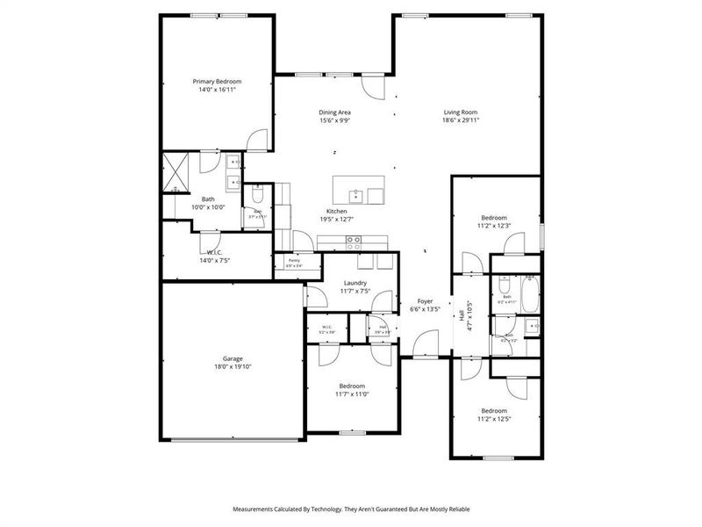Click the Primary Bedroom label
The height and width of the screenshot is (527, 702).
pyautogui.click(x=217, y=81)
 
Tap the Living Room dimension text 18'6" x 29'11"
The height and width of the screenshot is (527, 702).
pyautogui.click(x=460, y=120)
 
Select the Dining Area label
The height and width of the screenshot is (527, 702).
pyautogui.click(x=335, y=112)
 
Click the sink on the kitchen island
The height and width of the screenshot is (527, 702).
pyautogui.click(x=357, y=195)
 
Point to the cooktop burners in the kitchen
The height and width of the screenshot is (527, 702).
pyautogui.click(x=354, y=240)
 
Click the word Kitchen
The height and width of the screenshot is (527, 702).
pyautogui.click(x=337, y=212)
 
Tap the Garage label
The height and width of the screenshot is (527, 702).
pyautogui.click(x=232, y=358)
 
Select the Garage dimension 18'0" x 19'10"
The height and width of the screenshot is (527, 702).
pyautogui.click(x=232, y=367)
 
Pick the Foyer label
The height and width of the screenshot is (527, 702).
pyautogui.click(x=426, y=301)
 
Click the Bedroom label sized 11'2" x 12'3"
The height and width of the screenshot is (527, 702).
pyautogui.click(x=494, y=218)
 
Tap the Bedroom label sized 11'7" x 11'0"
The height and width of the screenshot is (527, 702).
pyautogui.click(x=352, y=386)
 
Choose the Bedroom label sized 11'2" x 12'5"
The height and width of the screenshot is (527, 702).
pyautogui.click(x=493, y=410)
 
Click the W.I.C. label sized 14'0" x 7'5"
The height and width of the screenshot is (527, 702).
pyautogui.click(x=214, y=252)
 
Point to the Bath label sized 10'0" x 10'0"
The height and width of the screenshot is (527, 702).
pyautogui.click(x=208, y=199)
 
